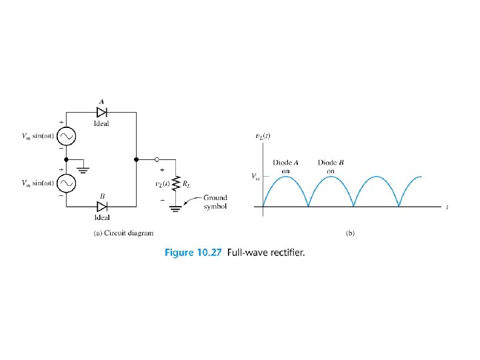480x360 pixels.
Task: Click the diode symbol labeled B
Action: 102,205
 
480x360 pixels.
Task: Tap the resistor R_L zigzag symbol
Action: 175,183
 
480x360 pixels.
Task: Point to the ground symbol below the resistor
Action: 175,208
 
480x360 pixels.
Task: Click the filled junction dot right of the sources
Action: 136,159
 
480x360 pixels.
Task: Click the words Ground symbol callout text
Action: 215,202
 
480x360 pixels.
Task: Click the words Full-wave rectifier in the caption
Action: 266,252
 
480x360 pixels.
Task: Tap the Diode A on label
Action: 286,166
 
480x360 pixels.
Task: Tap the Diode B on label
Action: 331,166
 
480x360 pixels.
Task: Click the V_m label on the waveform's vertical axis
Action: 255,177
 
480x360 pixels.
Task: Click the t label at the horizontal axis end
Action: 447,207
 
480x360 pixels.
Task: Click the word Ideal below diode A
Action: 102,123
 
